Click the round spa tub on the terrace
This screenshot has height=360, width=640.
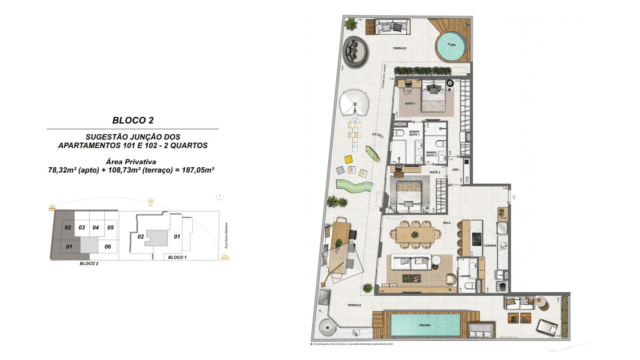tap(451, 45)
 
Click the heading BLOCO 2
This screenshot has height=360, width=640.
tap(133, 119)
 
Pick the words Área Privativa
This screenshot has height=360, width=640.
tap(133, 160)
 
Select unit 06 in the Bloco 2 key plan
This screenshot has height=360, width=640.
tap(108, 245)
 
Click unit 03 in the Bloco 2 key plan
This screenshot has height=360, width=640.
tap(82, 228)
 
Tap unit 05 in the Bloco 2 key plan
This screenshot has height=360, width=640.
tap(111, 228)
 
